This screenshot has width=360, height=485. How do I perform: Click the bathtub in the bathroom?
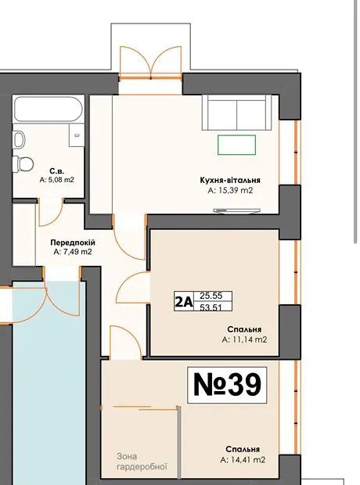(48, 110)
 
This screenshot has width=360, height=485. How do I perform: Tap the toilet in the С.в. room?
(23, 163)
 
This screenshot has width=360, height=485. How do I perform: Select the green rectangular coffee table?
(236, 145)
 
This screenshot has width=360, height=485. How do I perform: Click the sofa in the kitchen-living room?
(237, 113)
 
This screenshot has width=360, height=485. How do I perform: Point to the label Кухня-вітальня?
(230, 180)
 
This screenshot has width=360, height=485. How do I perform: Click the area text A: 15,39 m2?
(230, 191)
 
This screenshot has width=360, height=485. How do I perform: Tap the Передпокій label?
(73, 242)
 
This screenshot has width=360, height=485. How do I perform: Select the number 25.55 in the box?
(211, 296)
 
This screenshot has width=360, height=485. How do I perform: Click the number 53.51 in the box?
(211, 307)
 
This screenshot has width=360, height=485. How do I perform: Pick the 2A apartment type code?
(184, 302)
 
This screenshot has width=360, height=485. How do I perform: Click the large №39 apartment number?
(227, 385)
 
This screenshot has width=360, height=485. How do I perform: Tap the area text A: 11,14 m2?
(244, 339)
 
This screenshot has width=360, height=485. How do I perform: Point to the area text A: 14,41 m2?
(243, 460)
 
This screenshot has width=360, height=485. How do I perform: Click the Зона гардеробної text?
(142, 462)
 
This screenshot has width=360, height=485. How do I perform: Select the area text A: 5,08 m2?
(56, 180)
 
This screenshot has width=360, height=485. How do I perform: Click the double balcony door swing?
(150, 63)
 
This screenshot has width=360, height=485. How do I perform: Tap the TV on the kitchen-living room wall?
(236, 210)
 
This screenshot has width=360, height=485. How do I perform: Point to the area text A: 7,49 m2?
(73, 252)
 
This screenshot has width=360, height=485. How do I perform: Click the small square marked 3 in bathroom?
(77, 135)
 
